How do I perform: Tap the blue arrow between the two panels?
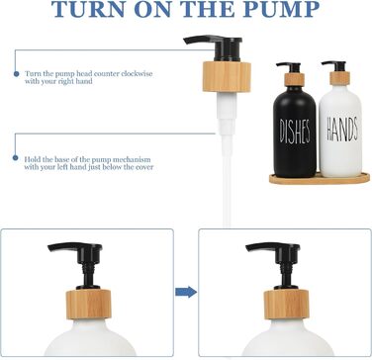pos(186,292)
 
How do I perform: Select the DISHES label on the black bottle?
pos(295,132)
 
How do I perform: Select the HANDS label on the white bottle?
pos(342,129)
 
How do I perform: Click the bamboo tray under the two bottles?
pos(320,178)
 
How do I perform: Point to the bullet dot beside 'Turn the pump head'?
pos(16,74)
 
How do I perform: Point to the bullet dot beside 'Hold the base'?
pos(15,158)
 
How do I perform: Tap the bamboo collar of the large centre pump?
pos(227,76)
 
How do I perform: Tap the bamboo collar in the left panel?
pos(89,305)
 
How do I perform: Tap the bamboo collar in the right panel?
pos(286,305)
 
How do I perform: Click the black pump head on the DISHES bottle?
pos(289,68)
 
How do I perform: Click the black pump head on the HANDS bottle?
pos(334,66)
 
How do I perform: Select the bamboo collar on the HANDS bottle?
pos(340,79)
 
